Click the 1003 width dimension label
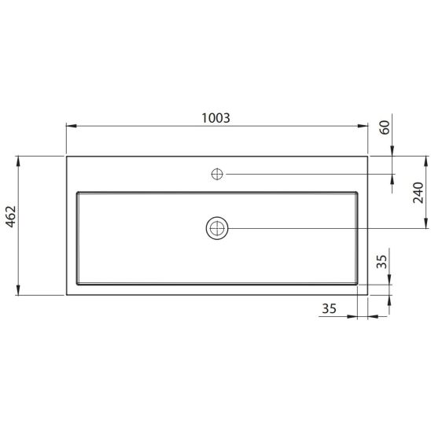[x=215, y=118]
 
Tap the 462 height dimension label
[x=11, y=216]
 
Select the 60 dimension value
[x=385, y=127]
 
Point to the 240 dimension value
[x=418, y=193]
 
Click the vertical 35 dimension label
[x=381, y=262]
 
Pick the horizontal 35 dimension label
[x=329, y=308]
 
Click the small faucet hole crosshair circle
[x=217, y=174]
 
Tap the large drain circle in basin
[x=217, y=228]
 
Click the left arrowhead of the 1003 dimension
[x=72, y=126]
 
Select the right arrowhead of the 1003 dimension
[x=363, y=126]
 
